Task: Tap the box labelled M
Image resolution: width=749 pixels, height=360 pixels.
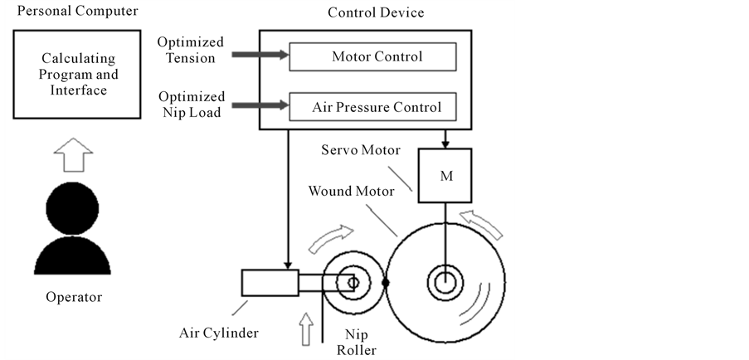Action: (x=445, y=176)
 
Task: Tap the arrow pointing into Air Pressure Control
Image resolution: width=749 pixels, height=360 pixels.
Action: (x=260, y=106)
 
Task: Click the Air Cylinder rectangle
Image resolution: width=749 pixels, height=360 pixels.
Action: (x=270, y=283)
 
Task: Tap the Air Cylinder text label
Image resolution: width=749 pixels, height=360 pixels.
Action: (x=219, y=333)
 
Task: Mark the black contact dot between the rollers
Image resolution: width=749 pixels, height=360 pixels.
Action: (x=386, y=283)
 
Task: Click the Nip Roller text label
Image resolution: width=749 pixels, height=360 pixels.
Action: (x=362, y=341)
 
